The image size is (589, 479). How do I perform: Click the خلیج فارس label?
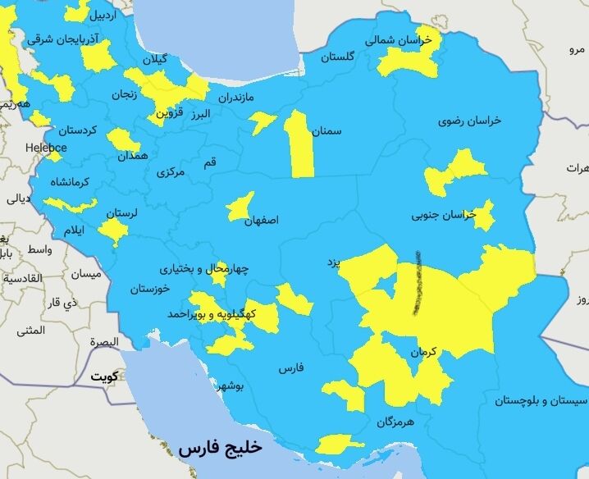tap(219, 448)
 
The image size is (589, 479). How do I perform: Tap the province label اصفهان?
tap(262, 221)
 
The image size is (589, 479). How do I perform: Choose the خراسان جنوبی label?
tap(444, 215)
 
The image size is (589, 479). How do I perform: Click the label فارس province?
tap(291, 368)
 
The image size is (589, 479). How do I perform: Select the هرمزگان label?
tap(397, 422)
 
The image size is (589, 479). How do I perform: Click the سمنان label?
tap(326, 130)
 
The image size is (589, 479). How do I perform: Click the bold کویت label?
tap(104, 376)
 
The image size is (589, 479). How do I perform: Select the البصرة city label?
tap(104, 341)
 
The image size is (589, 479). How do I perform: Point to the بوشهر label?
tap(228, 385)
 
